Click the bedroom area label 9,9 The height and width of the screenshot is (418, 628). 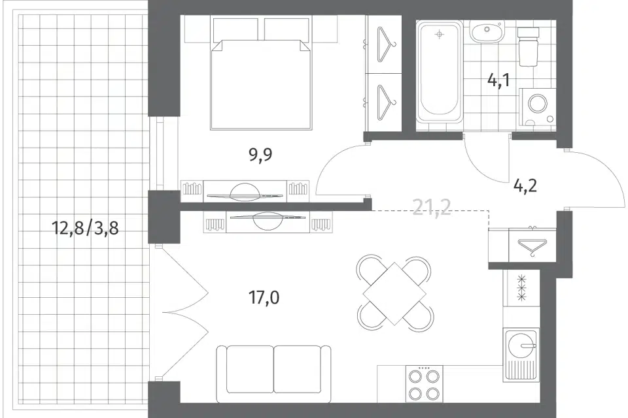tap(260, 154)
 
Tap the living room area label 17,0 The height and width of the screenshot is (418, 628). tap(264, 298)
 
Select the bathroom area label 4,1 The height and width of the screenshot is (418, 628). tap(498, 80)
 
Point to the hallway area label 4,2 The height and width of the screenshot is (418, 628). tap(525, 185)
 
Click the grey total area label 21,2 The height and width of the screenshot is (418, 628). tap(432, 208)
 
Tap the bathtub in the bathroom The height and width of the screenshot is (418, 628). tap(440, 72)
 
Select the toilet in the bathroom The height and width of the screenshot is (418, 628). tap(528, 46)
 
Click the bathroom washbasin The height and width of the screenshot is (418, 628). tap(486, 33)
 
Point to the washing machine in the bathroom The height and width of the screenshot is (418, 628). tap(537, 107)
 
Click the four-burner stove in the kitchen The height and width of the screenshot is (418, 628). tap(424, 383)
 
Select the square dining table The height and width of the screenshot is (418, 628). tap(394, 294)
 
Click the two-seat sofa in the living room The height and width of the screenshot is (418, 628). tap(273, 374)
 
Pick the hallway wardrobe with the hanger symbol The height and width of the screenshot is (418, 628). tap(532, 244)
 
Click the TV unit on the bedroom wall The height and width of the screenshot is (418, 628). tap(245, 191)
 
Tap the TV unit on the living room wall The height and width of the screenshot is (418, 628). tap(268, 221)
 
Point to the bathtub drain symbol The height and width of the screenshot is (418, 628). tap(440, 35)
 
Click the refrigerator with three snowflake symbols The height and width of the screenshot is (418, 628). tap(521, 287)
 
